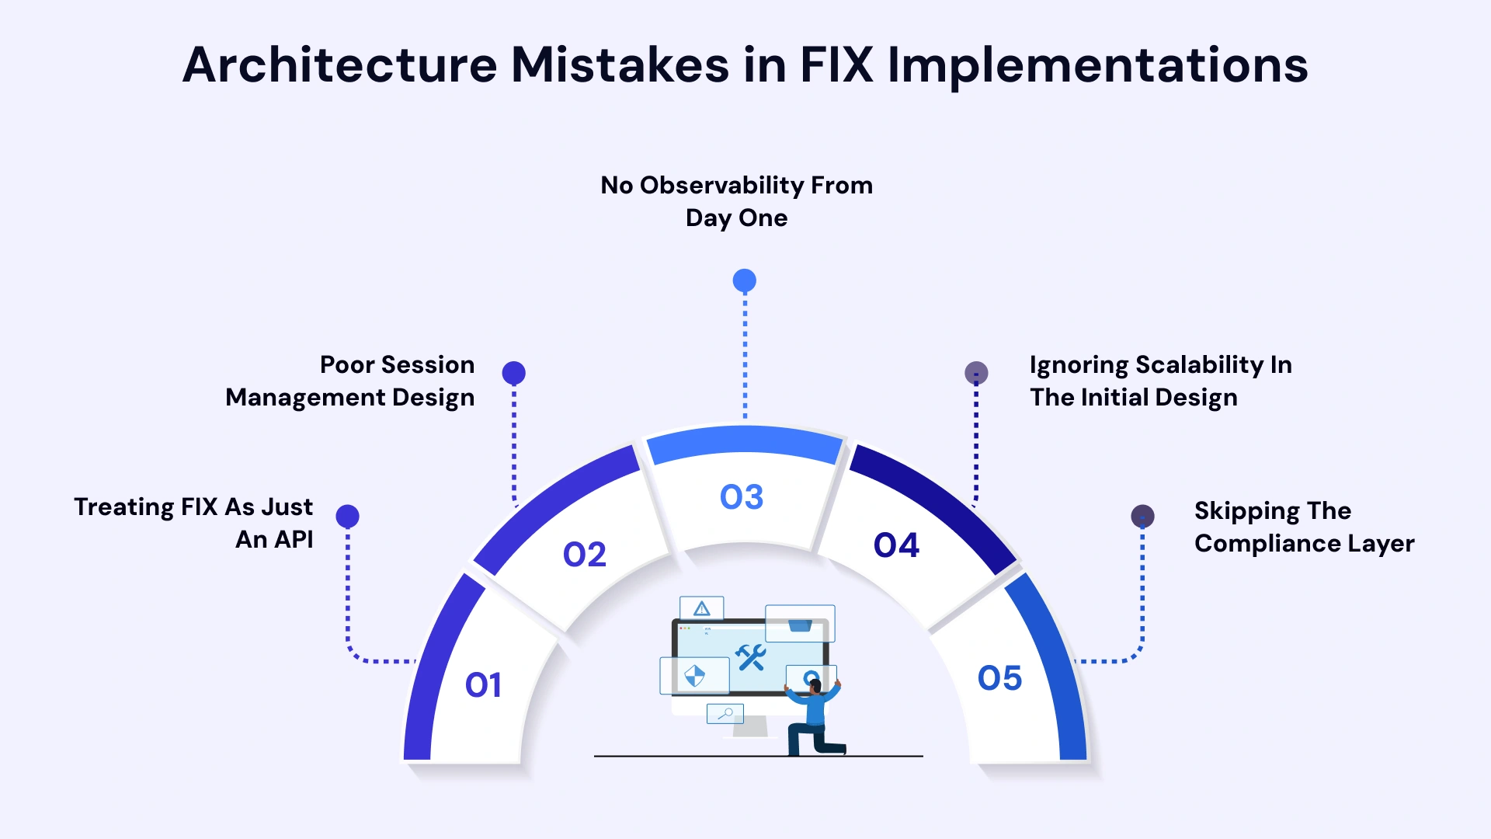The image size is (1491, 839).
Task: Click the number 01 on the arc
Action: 483,685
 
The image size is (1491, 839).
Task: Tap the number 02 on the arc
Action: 584,555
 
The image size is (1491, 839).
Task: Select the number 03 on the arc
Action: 742,497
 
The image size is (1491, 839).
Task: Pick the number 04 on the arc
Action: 896,545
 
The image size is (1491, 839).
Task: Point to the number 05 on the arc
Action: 999,678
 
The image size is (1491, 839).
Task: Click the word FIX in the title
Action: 836,64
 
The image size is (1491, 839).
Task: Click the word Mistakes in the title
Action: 620,64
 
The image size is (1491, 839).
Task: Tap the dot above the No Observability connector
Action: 745,280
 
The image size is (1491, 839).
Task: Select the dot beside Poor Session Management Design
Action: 513,373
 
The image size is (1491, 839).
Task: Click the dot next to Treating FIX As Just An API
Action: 347,516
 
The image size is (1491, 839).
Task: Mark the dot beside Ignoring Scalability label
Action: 976,373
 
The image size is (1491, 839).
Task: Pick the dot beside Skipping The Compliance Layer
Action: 1142,516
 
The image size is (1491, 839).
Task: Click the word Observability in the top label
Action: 721,185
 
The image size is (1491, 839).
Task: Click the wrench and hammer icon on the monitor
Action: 751,657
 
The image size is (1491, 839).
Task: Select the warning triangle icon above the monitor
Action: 702,608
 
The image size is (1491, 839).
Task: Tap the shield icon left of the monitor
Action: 694,676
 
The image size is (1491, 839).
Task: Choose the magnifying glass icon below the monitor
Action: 726,713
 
